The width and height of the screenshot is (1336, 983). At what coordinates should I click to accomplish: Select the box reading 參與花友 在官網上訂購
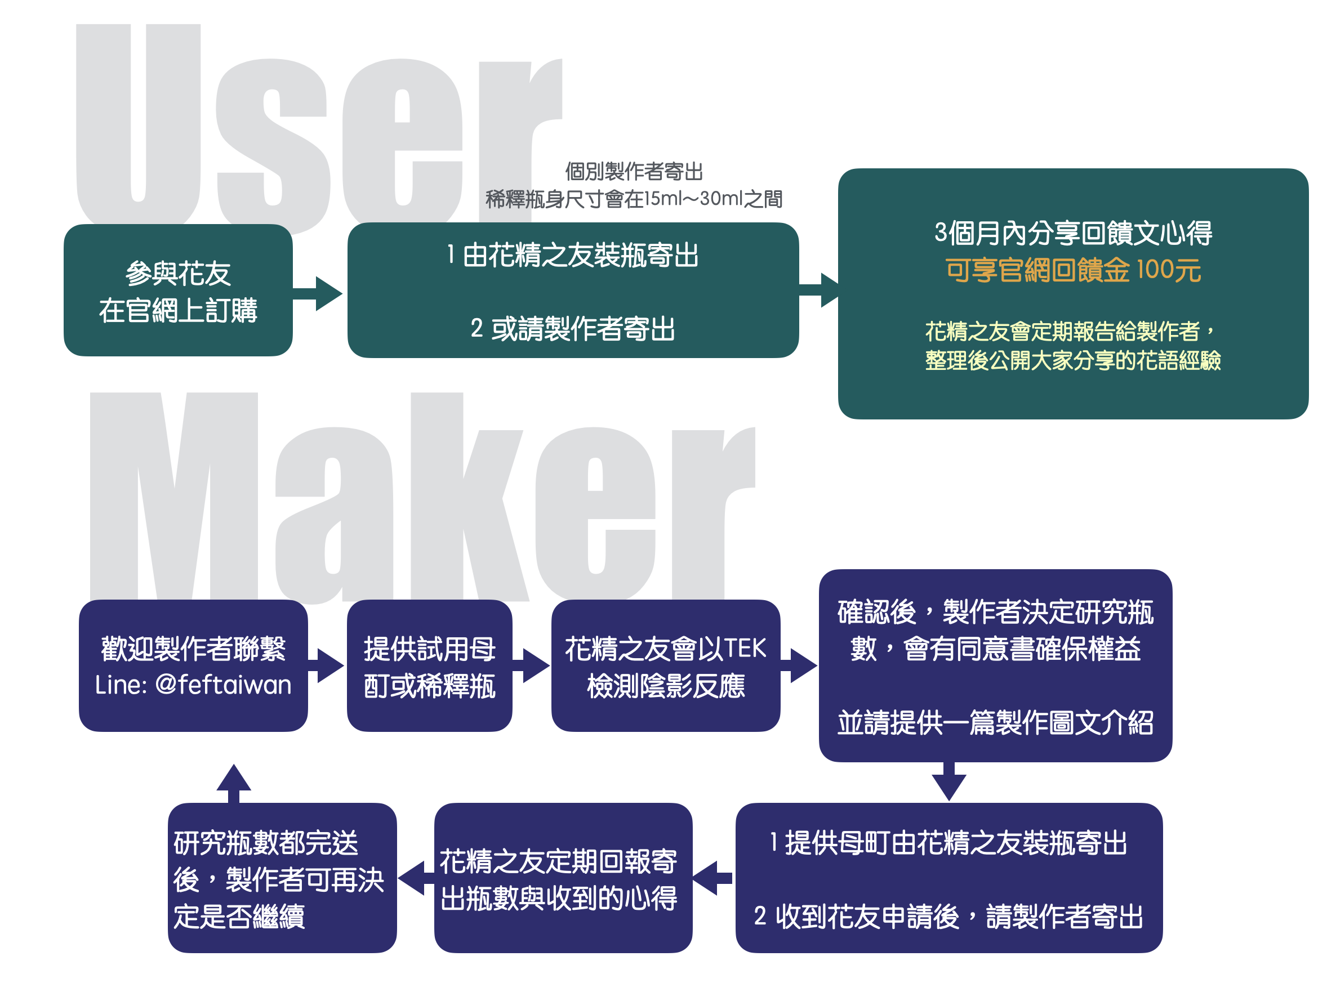pyautogui.click(x=177, y=291)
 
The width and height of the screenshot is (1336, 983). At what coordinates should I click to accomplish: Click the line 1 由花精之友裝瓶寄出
pyautogui.click(x=572, y=255)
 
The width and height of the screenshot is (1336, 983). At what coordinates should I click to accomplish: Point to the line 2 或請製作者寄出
pyautogui.click(x=572, y=328)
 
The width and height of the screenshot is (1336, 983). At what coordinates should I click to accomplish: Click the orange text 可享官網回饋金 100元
pyautogui.click(x=1073, y=270)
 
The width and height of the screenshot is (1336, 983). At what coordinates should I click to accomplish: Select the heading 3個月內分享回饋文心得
pyautogui.click(x=1073, y=233)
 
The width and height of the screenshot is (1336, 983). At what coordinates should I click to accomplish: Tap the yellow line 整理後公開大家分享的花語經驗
pyautogui.click(x=1073, y=360)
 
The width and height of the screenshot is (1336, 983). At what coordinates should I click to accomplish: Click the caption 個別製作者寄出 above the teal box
pyautogui.click(x=634, y=172)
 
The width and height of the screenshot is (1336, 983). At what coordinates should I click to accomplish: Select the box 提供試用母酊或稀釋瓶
pyautogui.click(x=429, y=667)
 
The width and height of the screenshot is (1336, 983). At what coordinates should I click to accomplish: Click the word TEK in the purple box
pyautogui.click(x=743, y=649)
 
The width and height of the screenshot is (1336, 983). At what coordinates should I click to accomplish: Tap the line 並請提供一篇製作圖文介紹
pyautogui.click(x=995, y=723)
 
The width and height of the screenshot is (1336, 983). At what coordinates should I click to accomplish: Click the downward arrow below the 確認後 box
pyautogui.click(x=948, y=782)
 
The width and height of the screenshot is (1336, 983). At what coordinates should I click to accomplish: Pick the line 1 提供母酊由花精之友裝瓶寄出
pyautogui.click(x=948, y=843)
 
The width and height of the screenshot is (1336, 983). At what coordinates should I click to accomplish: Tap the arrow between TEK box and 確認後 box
pyautogui.click(x=799, y=665)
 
